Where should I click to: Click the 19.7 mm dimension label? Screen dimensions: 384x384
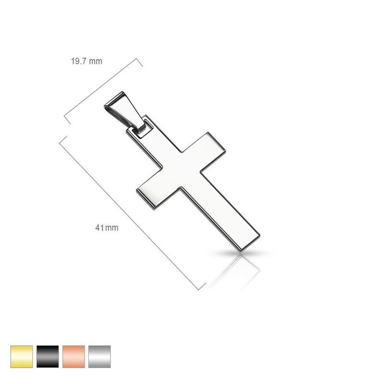click(86, 61)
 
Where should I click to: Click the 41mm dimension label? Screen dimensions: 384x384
click(107, 228)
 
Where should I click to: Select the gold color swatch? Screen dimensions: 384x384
click(22, 356)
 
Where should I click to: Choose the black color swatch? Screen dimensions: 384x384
click(48, 356)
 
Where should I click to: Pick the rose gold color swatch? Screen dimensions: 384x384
click(73, 356)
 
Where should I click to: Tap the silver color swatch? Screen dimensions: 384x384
click(99, 356)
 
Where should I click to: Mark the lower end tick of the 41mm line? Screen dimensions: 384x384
click(202, 287)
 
